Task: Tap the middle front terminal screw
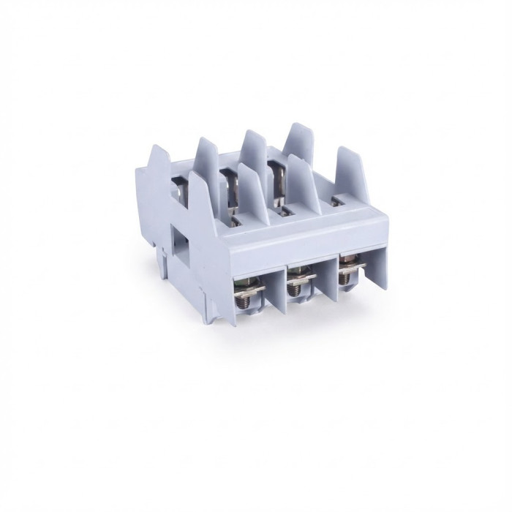click(296, 287)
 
